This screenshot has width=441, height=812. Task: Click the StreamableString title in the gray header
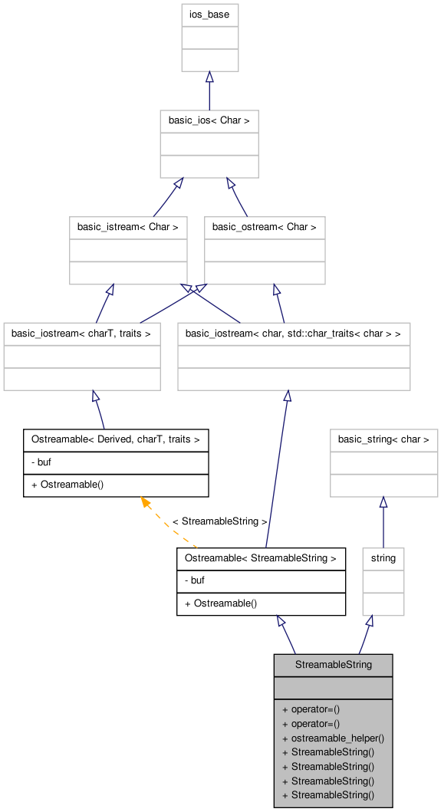click(333, 665)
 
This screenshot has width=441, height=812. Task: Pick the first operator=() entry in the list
click(315, 709)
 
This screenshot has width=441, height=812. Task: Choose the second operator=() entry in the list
click(315, 723)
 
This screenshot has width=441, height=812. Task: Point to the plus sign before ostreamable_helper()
click(285, 738)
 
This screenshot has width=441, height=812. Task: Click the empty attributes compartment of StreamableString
click(333, 688)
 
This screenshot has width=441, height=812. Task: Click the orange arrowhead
click(144, 501)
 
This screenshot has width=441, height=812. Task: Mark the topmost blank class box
click(209, 38)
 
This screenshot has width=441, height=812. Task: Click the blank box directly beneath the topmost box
click(209, 144)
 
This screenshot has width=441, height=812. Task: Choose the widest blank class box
click(294, 357)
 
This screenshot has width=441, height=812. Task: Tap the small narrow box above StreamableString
click(383, 582)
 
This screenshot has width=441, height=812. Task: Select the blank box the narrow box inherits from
click(383, 463)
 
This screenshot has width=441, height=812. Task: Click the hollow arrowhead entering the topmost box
click(209, 77)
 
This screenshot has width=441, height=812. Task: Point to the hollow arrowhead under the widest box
click(287, 396)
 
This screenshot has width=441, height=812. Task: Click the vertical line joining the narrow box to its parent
click(383, 529)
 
